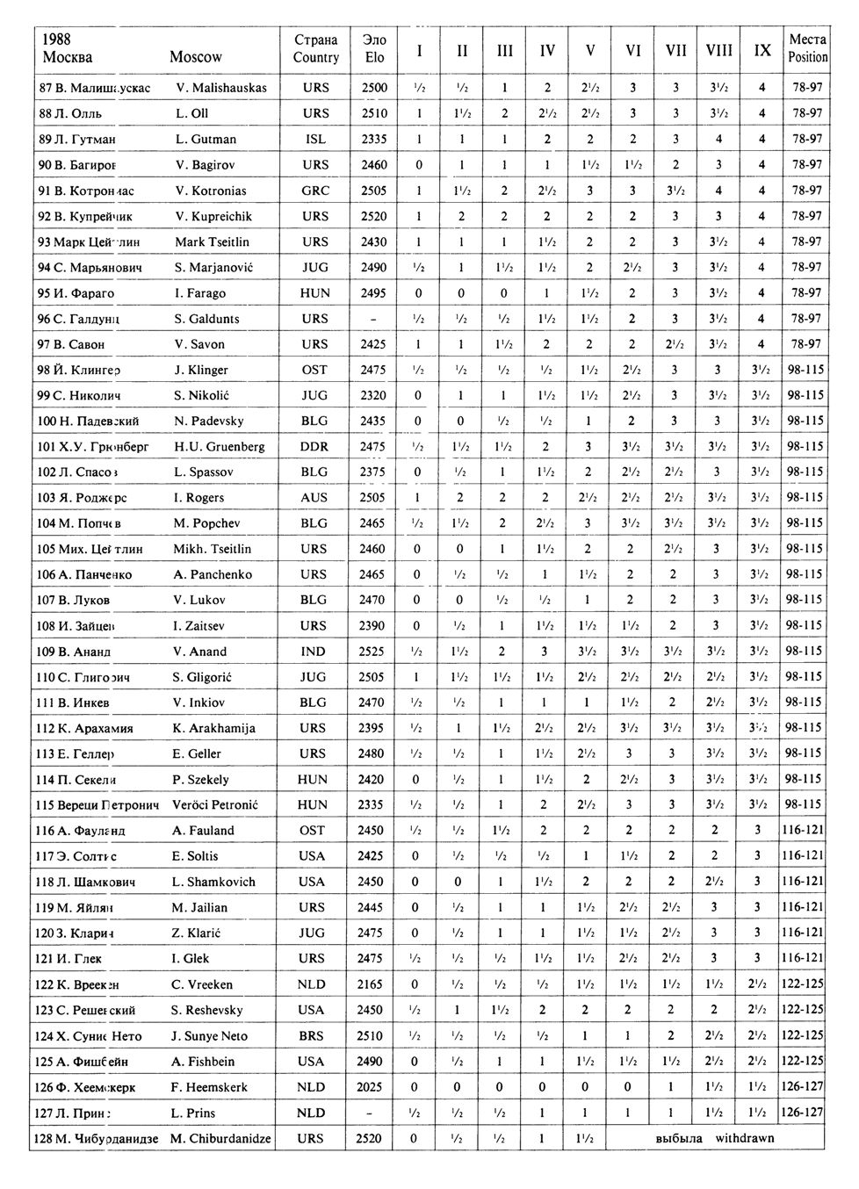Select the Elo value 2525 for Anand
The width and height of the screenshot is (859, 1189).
(x=372, y=652)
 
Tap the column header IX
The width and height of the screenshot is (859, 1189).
(x=762, y=51)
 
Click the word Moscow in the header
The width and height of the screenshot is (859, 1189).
(x=195, y=57)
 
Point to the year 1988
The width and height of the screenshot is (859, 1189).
(x=57, y=40)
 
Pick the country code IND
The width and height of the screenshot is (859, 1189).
(x=314, y=652)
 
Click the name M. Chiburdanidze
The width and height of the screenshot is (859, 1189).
(x=222, y=1139)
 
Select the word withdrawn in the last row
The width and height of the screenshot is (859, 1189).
(x=745, y=1139)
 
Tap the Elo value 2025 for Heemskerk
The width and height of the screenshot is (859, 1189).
(x=372, y=1087)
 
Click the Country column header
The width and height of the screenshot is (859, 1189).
(x=315, y=49)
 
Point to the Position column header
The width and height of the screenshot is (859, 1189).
(x=807, y=49)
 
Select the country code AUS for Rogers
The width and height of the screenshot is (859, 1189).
(x=314, y=498)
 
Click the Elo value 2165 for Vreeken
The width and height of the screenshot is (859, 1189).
(x=372, y=985)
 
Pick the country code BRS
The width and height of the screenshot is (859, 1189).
(x=312, y=1036)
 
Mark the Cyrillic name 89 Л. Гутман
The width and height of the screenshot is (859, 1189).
(x=77, y=139)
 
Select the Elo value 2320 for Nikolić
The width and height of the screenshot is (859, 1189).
(x=372, y=395)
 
